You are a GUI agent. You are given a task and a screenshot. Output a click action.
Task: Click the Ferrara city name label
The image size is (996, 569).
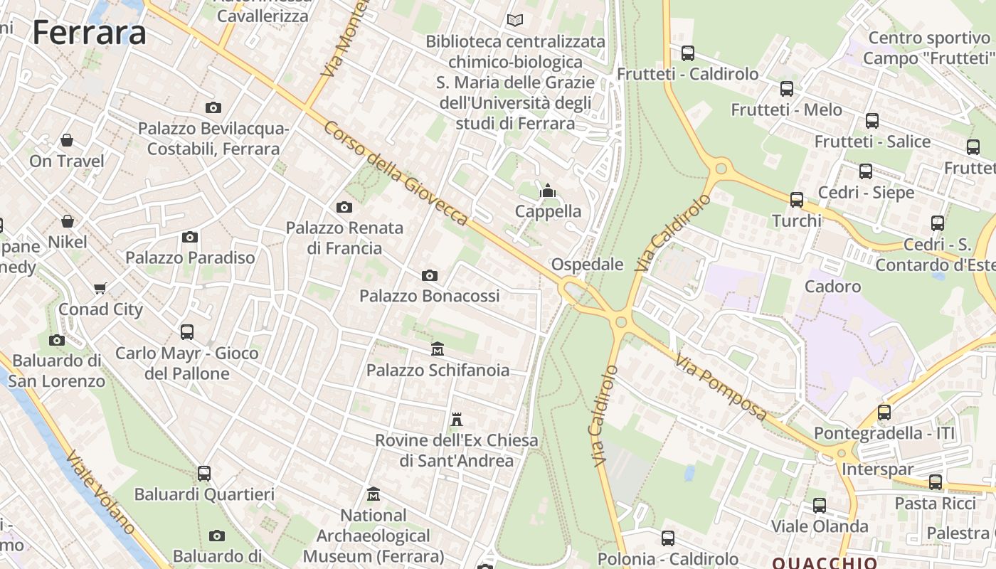[90, 33]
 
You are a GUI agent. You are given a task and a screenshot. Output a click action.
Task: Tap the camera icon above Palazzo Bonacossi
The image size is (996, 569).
[430, 275]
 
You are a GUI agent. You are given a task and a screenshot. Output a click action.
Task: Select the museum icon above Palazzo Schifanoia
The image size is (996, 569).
[438, 349]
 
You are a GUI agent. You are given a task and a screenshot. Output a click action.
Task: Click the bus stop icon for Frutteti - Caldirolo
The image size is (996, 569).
[687, 53]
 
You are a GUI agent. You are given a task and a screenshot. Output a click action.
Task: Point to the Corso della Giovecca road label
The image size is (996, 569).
[396, 173]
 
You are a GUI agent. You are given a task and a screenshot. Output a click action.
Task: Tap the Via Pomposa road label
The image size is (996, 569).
[721, 388]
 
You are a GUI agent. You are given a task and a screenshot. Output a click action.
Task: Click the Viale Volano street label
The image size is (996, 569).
[100, 491]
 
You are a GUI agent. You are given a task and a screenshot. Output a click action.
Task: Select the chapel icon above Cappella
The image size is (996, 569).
[548, 191]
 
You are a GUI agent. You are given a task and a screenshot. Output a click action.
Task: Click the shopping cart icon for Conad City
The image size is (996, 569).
[100, 288]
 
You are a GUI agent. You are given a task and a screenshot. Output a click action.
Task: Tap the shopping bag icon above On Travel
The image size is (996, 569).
[66, 140]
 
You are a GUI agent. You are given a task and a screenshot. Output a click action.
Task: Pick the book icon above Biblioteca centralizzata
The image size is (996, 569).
[514, 21]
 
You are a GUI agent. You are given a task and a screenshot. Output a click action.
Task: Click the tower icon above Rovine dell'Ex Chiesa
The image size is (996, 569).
[457, 420]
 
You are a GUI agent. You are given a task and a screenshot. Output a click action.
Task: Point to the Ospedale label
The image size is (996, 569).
[587, 265]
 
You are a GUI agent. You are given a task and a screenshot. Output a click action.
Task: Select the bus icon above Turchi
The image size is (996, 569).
[797, 200]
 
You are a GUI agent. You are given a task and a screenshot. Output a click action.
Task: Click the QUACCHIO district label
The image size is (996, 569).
[825, 563]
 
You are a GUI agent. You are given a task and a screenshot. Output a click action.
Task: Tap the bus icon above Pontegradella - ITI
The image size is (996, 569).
[884, 412]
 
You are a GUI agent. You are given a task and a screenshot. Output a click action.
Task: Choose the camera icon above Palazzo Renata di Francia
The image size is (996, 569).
[344, 207]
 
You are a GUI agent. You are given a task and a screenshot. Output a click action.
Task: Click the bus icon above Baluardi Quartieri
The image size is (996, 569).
[204, 473]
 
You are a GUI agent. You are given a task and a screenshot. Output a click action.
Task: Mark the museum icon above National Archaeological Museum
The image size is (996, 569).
[373, 494]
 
